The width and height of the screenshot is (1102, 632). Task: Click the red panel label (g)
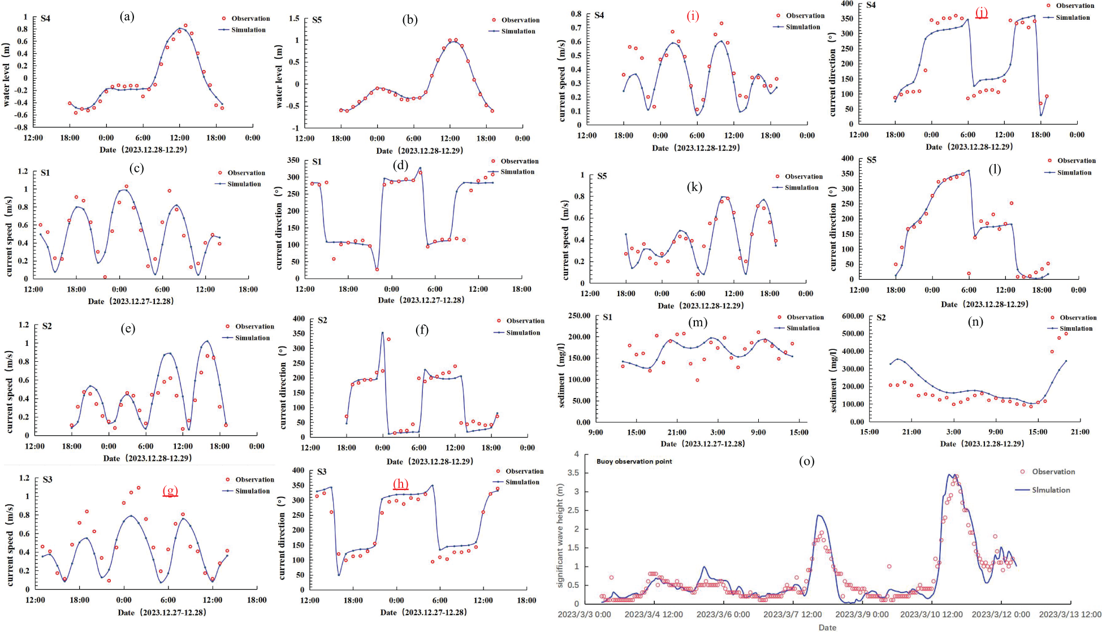click(170, 490)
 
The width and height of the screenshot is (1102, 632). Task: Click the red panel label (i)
click(693, 16)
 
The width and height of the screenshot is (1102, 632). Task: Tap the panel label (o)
click(806, 461)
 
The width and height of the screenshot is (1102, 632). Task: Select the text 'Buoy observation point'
click(634, 461)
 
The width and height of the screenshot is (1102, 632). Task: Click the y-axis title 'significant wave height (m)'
click(561, 535)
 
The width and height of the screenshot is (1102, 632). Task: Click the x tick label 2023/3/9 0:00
click(862, 614)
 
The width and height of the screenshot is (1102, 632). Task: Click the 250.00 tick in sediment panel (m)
click(579, 315)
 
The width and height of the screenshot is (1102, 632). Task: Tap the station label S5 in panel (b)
click(317, 20)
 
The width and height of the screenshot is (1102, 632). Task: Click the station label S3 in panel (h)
click(322, 471)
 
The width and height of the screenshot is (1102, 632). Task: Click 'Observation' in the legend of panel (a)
click(250, 19)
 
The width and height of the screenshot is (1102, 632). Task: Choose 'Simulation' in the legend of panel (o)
click(1051, 490)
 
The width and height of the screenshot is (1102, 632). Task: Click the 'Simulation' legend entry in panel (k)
click(801, 188)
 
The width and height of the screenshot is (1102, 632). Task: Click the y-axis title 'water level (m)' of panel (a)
click(7, 75)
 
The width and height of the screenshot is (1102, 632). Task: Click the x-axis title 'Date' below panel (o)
click(827, 627)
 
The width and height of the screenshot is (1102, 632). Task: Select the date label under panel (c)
click(131, 301)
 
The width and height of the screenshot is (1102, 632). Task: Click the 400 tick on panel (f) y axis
click(298, 319)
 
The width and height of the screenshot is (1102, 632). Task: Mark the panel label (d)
click(400, 166)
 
